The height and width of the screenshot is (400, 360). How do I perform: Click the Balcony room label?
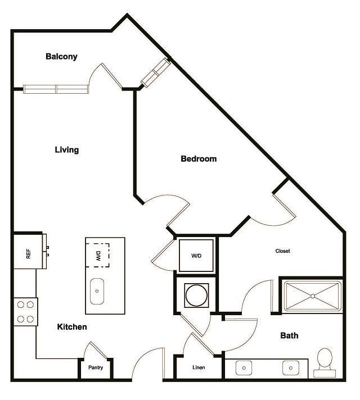[x=61, y=56]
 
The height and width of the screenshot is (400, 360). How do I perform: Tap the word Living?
[x=66, y=150]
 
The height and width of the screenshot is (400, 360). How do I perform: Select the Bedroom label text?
[x=199, y=159]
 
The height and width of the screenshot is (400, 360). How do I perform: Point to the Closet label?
[x=283, y=251]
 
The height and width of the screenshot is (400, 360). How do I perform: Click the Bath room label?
[x=289, y=336]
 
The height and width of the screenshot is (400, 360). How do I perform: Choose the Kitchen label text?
[x=72, y=326]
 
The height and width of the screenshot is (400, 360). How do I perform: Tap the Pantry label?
[x=95, y=368]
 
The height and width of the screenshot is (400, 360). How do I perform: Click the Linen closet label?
[x=199, y=368]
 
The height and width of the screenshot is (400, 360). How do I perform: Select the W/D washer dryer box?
[x=196, y=256]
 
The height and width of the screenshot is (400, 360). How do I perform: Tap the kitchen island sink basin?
[x=98, y=292]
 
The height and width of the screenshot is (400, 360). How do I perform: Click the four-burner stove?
[x=25, y=312]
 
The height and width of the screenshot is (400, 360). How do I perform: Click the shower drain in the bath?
[x=312, y=296]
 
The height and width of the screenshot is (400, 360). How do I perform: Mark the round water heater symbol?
[x=196, y=294]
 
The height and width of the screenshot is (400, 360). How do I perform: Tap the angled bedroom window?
[x=155, y=73]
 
